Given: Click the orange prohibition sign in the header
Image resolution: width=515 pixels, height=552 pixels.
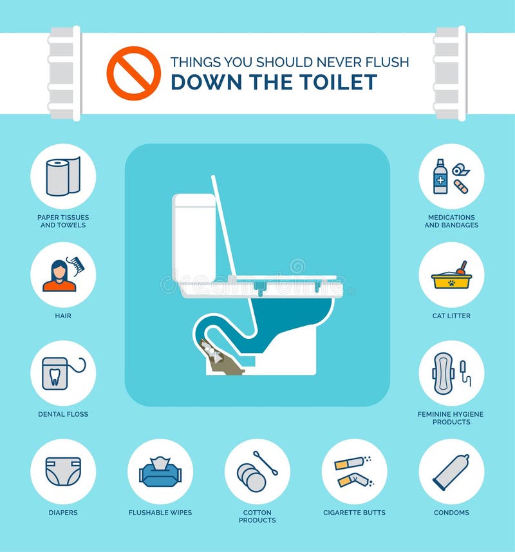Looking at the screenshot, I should click(x=133, y=73).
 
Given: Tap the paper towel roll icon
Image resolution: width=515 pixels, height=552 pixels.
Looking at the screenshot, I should click(x=62, y=176).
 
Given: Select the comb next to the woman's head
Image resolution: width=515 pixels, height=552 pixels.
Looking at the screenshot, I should click(x=75, y=265).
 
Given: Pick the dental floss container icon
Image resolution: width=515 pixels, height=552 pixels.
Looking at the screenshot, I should click(x=55, y=373).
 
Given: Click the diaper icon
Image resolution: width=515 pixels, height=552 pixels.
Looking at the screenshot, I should click(x=63, y=471).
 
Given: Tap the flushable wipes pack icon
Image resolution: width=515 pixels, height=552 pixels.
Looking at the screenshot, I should click(x=160, y=472).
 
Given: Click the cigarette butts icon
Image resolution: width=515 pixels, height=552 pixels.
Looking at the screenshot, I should click(x=353, y=471).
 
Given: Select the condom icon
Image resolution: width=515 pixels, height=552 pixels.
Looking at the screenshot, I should click(x=451, y=472).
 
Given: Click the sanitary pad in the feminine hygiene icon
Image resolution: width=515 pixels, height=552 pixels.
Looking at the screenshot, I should click(x=444, y=373).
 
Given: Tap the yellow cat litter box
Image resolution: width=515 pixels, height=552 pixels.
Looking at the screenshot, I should click(x=451, y=281).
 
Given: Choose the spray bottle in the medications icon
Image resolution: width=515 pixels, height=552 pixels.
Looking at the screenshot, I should click(x=440, y=176).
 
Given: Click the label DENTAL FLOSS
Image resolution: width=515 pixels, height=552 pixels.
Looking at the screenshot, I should click(x=63, y=414).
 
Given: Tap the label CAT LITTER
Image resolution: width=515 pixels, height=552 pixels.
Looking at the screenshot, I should click(x=451, y=316).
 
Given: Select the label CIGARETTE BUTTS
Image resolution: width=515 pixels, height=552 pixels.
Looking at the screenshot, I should click(x=354, y=513).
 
